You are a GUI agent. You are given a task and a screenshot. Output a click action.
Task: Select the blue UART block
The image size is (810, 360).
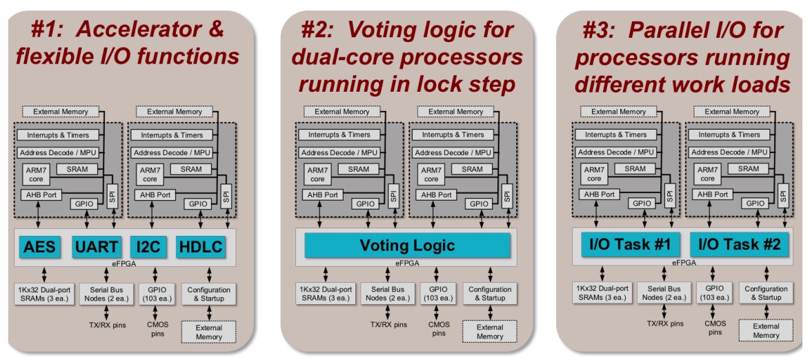coord(97,246)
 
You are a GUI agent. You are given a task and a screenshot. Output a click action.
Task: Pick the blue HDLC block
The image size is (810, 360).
coord(201,246)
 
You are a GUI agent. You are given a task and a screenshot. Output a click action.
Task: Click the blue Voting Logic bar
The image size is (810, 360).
coord(407,246)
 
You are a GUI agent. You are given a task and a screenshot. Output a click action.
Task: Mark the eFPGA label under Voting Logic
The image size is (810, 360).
coord(407,263)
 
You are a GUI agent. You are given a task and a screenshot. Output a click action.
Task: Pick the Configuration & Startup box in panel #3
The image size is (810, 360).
coord(766,293)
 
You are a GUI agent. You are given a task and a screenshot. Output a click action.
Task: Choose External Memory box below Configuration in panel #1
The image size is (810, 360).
coord(208,332)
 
